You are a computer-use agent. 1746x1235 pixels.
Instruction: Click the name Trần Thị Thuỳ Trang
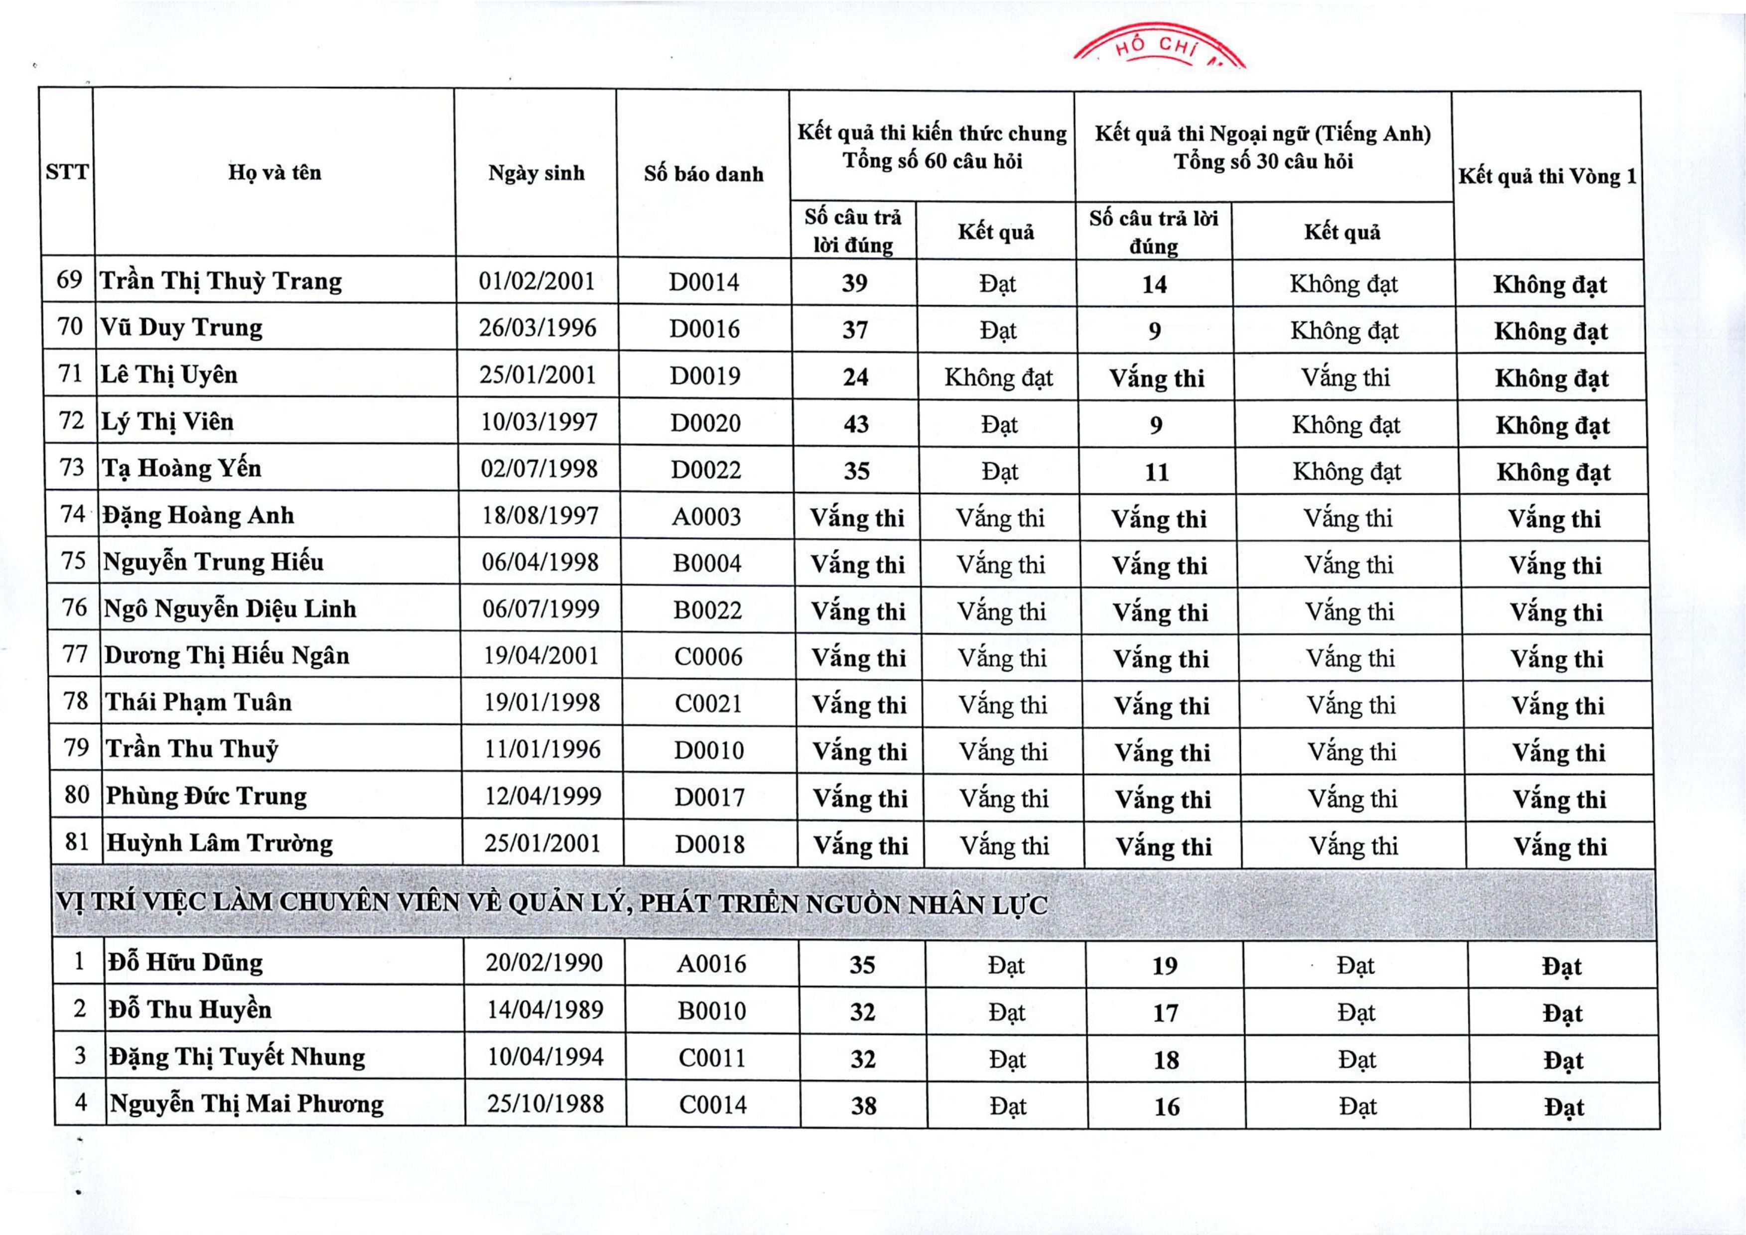point(221,281)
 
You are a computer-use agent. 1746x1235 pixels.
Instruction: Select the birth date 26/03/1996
point(537,328)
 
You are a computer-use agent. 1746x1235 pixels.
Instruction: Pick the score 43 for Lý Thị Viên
point(856,424)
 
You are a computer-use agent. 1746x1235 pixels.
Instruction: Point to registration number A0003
point(706,517)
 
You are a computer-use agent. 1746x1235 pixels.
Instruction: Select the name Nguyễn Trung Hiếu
point(213,562)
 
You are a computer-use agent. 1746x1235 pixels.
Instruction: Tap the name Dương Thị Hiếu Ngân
point(227,655)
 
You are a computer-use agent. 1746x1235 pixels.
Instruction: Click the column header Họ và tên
point(274,173)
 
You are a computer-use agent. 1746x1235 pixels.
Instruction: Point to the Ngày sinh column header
point(537,173)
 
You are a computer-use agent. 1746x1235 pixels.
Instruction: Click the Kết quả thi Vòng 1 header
point(1547,176)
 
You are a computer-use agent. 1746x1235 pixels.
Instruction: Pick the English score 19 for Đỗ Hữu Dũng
point(1165,966)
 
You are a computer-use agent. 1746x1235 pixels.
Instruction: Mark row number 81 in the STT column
point(77,842)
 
